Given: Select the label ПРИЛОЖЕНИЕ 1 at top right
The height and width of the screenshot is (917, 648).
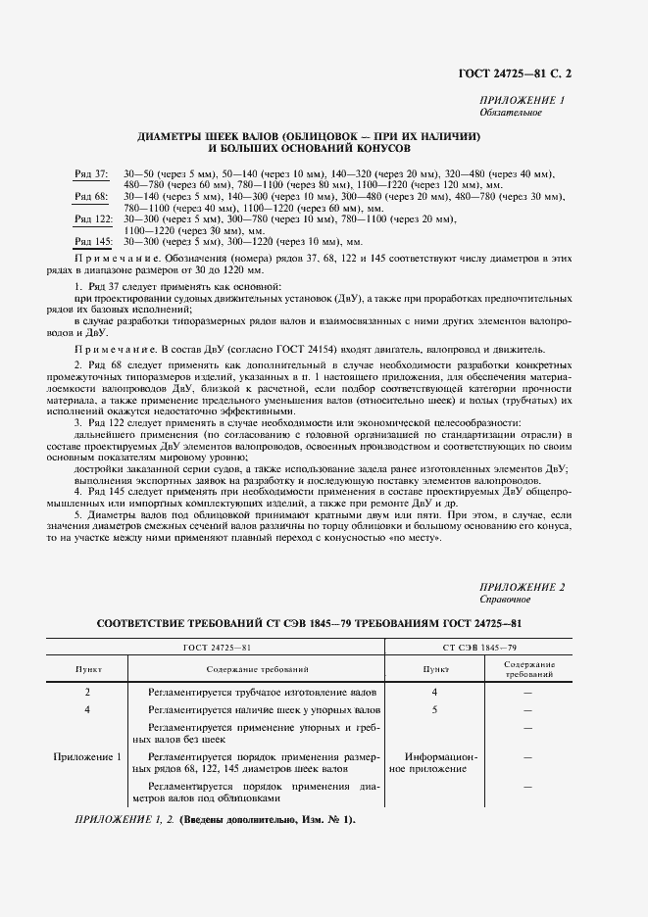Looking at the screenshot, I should [x=522, y=101].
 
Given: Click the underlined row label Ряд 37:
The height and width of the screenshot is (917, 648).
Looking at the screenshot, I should [x=92, y=173].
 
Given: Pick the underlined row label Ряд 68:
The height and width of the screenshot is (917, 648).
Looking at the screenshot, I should [x=92, y=197].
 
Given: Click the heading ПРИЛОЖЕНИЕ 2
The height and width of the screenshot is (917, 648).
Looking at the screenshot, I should [x=523, y=586].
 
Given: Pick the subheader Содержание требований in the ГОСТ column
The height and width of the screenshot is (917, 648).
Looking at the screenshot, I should [x=258, y=668].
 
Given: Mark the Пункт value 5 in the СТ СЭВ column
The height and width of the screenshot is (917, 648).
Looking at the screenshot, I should [x=434, y=708].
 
